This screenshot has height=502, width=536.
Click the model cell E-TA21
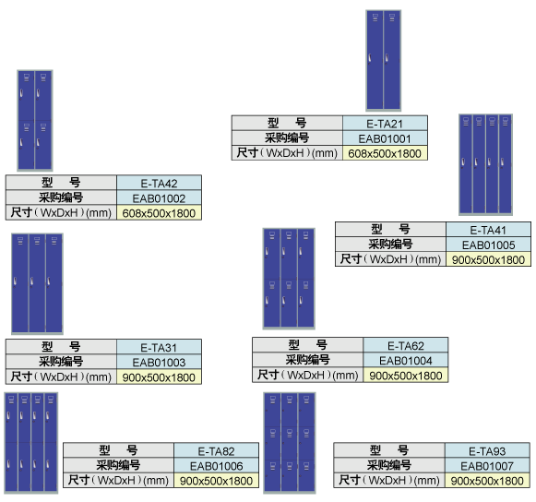[385, 124]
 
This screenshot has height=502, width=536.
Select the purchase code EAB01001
[385, 138]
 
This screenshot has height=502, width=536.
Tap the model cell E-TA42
[159, 184]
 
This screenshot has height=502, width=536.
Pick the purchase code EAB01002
[159, 198]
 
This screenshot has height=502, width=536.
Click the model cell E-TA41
[488, 230]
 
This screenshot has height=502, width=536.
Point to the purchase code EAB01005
[488, 245]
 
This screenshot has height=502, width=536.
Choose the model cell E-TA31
[159, 348]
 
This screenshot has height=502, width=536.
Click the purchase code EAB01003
[159, 362]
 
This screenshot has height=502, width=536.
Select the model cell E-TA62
[406, 346]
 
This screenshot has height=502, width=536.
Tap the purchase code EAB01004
[406, 361]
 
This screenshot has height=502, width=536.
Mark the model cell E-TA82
[217, 451]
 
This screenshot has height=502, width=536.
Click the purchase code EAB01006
[217, 466]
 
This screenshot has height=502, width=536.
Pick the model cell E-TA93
[487, 451]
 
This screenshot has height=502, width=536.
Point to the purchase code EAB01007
[487, 466]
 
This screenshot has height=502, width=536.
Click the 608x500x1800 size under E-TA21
[385, 153]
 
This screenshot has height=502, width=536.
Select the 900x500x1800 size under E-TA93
[487, 481]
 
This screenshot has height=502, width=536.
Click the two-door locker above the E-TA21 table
[383, 61]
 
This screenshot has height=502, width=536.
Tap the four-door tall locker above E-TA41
[485, 164]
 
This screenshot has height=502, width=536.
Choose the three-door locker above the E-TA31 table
[37, 283]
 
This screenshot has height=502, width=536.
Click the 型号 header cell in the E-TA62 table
[307, 345]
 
